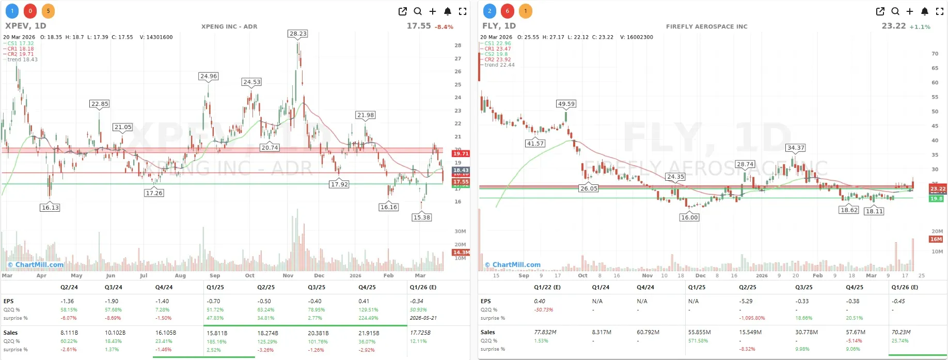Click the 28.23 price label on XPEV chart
tap(298, 34)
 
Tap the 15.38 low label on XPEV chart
tap(422, 217)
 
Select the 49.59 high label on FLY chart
tap(566, 104)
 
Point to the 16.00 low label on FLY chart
tap(689, 217)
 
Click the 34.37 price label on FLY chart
tap(796, 148)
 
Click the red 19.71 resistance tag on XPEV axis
tap(461, 153)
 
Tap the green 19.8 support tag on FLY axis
tap(936, 198)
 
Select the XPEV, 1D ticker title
tap(26, 26)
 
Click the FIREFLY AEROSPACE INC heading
tap(706, 26)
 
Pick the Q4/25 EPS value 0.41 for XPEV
tap(364, 301)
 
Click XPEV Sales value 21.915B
tap(369, 333)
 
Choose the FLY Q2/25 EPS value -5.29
tap(746, 301)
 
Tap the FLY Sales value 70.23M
tap(901, 332)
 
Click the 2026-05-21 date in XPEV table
tap(423, 318)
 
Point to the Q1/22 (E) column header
tap(547, 287)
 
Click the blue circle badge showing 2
tap(489, 11)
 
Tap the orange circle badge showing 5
tap(48, 11)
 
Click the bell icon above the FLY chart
tap(925, 11)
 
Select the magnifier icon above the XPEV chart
tap(418, 11)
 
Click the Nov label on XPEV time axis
tap(288, 276)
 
